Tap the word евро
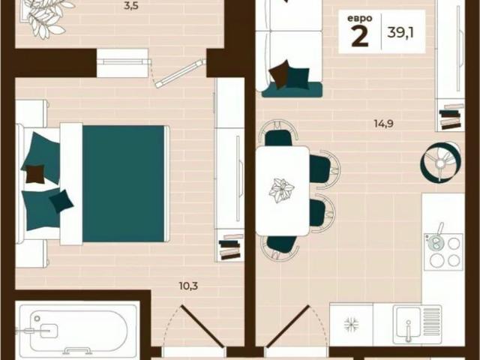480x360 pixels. click(x=359, y=19)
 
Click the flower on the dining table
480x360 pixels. click(x=283, y=190)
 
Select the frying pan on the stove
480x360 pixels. click(x=434, y=241)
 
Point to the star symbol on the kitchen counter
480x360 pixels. click(x=351, y=325)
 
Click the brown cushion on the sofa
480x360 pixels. click(x=280, y=73)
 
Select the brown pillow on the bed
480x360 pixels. click(x=34, y=174)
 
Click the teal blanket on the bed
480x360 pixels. click(x=124, y=183)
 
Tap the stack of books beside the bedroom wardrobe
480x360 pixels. click(x=230, y=247)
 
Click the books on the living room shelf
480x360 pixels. click(x=451, y=118)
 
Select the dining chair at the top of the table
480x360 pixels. click(x=277, y=136)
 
